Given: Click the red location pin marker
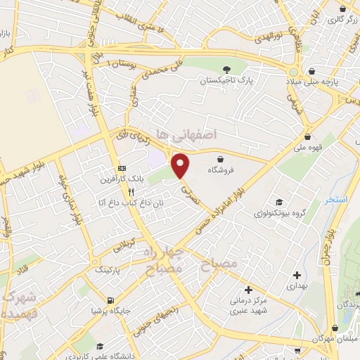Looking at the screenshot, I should coord(181,165).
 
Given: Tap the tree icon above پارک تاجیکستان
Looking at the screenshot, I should coord(226,69).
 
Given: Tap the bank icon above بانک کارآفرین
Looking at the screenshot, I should coord(122,169).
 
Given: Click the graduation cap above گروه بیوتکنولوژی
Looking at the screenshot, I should coord(278,200).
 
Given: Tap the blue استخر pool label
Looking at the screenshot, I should coord(337,200).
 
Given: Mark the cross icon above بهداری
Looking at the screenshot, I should coord(296,275).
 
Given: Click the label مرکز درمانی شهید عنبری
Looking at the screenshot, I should coord(247,302).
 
